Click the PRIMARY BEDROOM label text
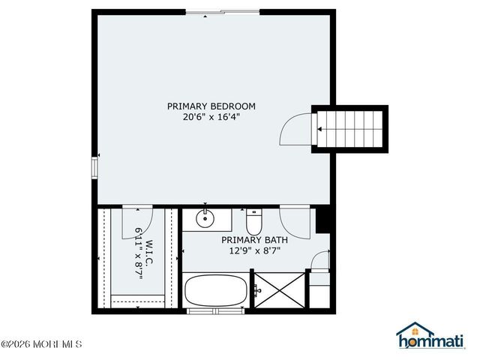click(x=211, y=106)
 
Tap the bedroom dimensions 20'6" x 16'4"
click(x=211, y=116)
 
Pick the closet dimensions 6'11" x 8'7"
click(x=139, y=255)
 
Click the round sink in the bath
click(x=205, y=220)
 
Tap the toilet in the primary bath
click(x=253, y=221)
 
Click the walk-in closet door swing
click(x=139, y=217)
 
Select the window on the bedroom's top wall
click(x=222, y=12)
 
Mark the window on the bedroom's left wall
click(x=94, y=166)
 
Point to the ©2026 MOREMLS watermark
click(x=42, y=345)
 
